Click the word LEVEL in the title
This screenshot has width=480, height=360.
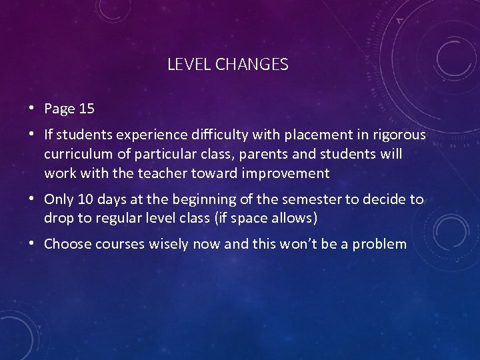185,65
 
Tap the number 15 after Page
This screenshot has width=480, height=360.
86,109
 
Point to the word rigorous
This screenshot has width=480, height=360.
399,135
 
